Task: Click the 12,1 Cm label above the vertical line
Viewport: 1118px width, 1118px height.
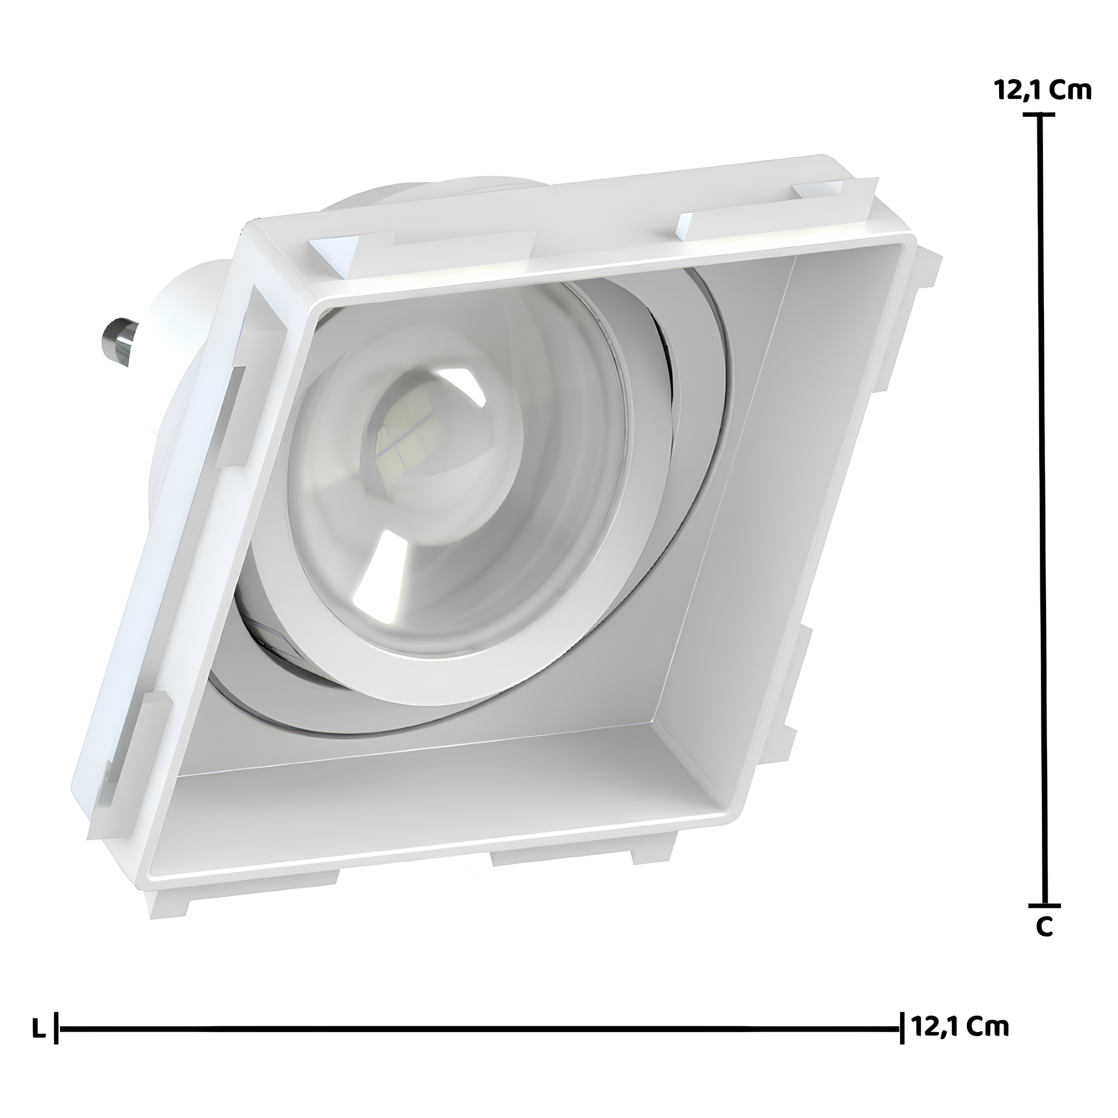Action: coord(1043,91)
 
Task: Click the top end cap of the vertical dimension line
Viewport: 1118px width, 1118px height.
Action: coord(1039,114)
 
